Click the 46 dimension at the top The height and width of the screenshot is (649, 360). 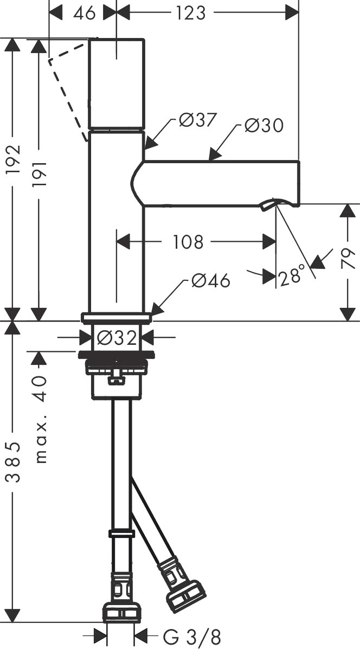click(84, 12)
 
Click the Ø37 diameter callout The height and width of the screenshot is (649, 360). click(197, 120)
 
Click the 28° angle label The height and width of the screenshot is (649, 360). click(291, 277)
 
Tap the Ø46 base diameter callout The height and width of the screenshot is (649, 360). click(210, 280)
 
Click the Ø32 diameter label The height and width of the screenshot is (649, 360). click(116, 338)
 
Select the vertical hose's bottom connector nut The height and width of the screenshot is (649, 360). click(121, 612)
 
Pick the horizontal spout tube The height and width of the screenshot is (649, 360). click(222, 183)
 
